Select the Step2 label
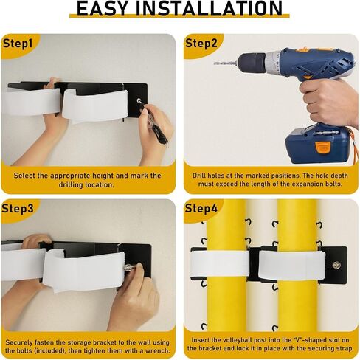click(x=202, y=43)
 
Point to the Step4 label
click(x=202, y=209)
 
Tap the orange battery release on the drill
click(x=322, y=146)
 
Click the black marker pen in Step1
click(x=156, y=125)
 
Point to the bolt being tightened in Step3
click(x=129, y=267)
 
